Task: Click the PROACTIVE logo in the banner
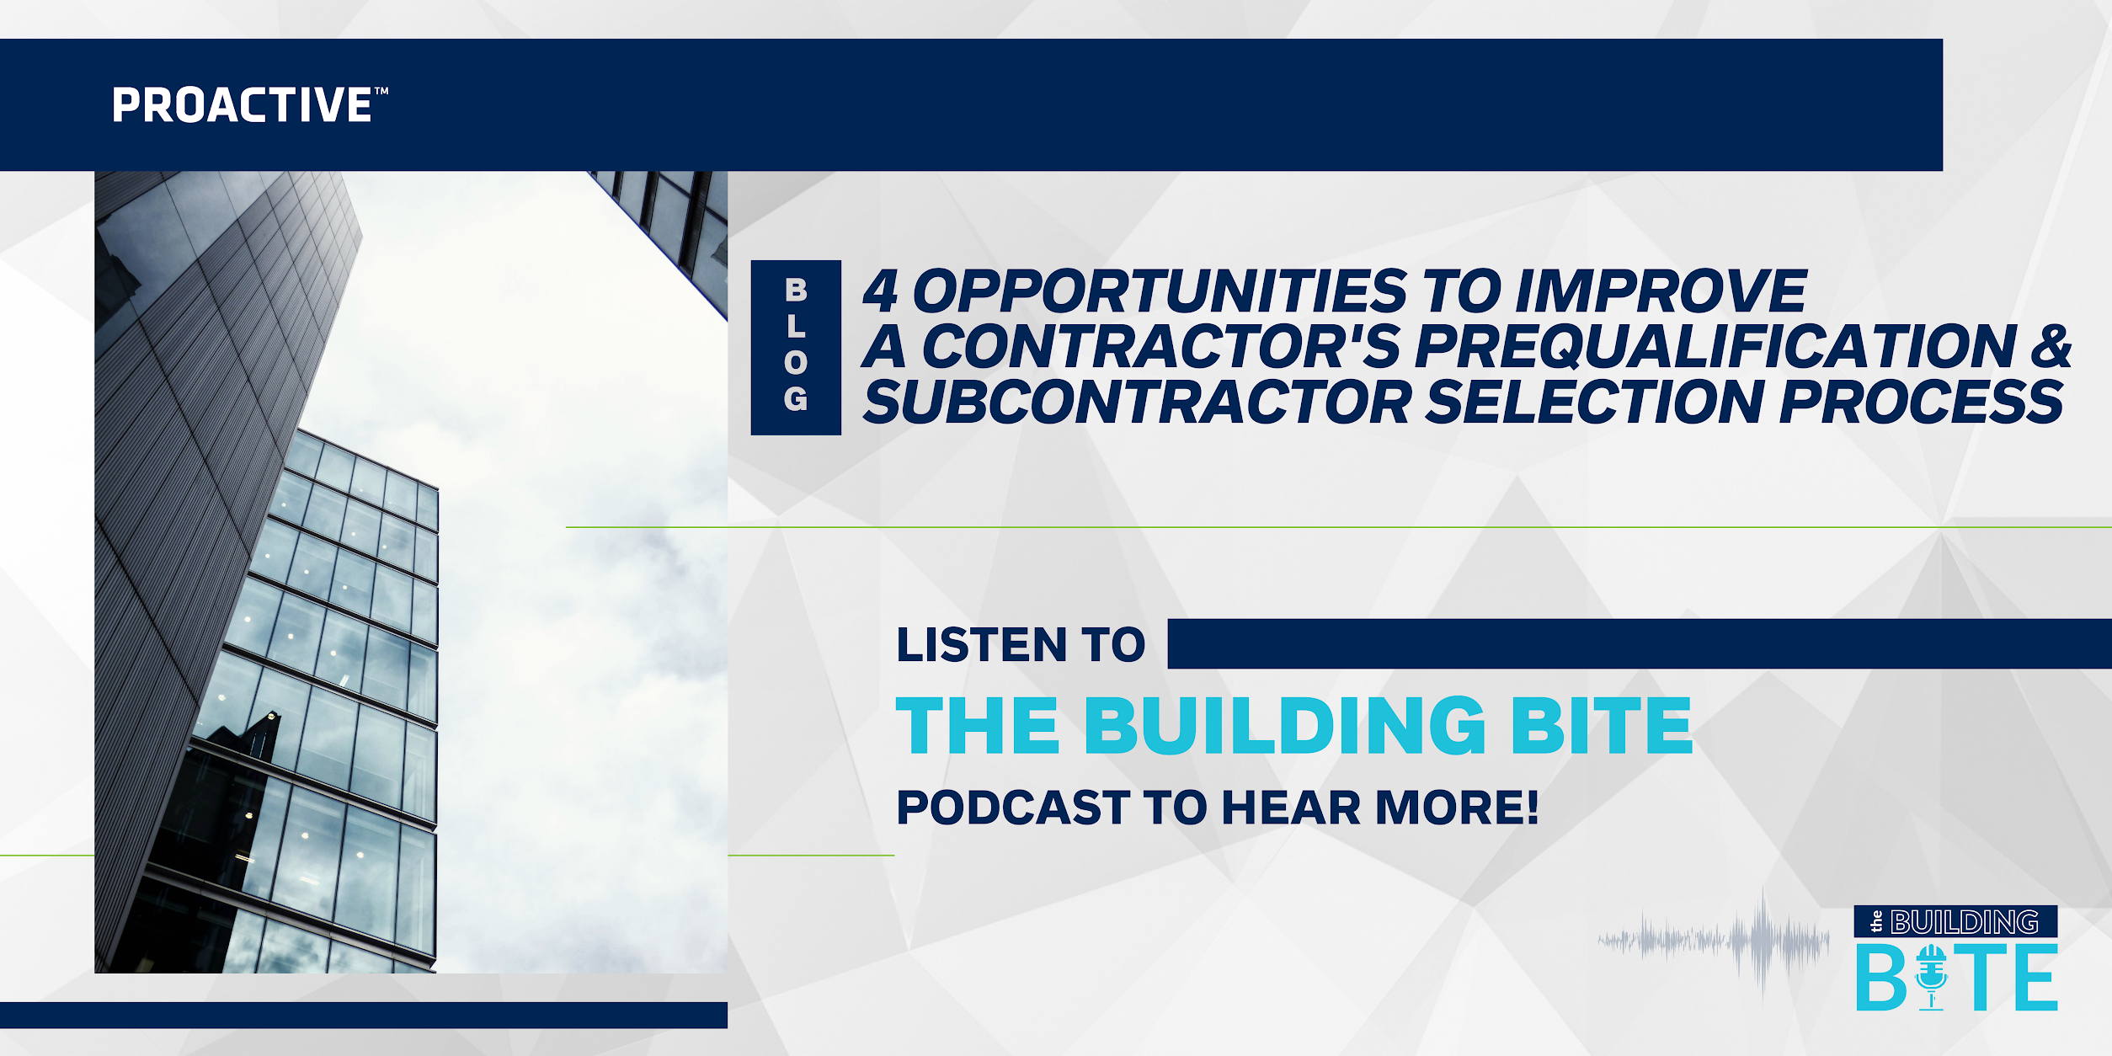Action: point(249,106)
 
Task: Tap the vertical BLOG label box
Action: point(796,347)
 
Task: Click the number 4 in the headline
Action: point(880,291)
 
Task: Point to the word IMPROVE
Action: point(1661,291)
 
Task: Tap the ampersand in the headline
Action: point(2051,346)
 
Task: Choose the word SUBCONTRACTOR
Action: point(1138,402)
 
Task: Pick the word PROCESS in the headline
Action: point(1922,402)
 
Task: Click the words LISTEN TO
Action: point(1021,645)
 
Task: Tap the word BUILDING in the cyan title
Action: point(1285,726)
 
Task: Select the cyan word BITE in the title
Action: point(1601,726)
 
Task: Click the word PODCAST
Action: point(1013,808)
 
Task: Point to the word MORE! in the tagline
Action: point(1458,808)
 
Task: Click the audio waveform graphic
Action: point(1714,941)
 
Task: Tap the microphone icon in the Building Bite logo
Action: point(1930,978)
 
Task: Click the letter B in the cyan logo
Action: point(1880,979)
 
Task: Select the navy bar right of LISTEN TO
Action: point(1639,644)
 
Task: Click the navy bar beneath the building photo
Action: point(363,1015)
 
